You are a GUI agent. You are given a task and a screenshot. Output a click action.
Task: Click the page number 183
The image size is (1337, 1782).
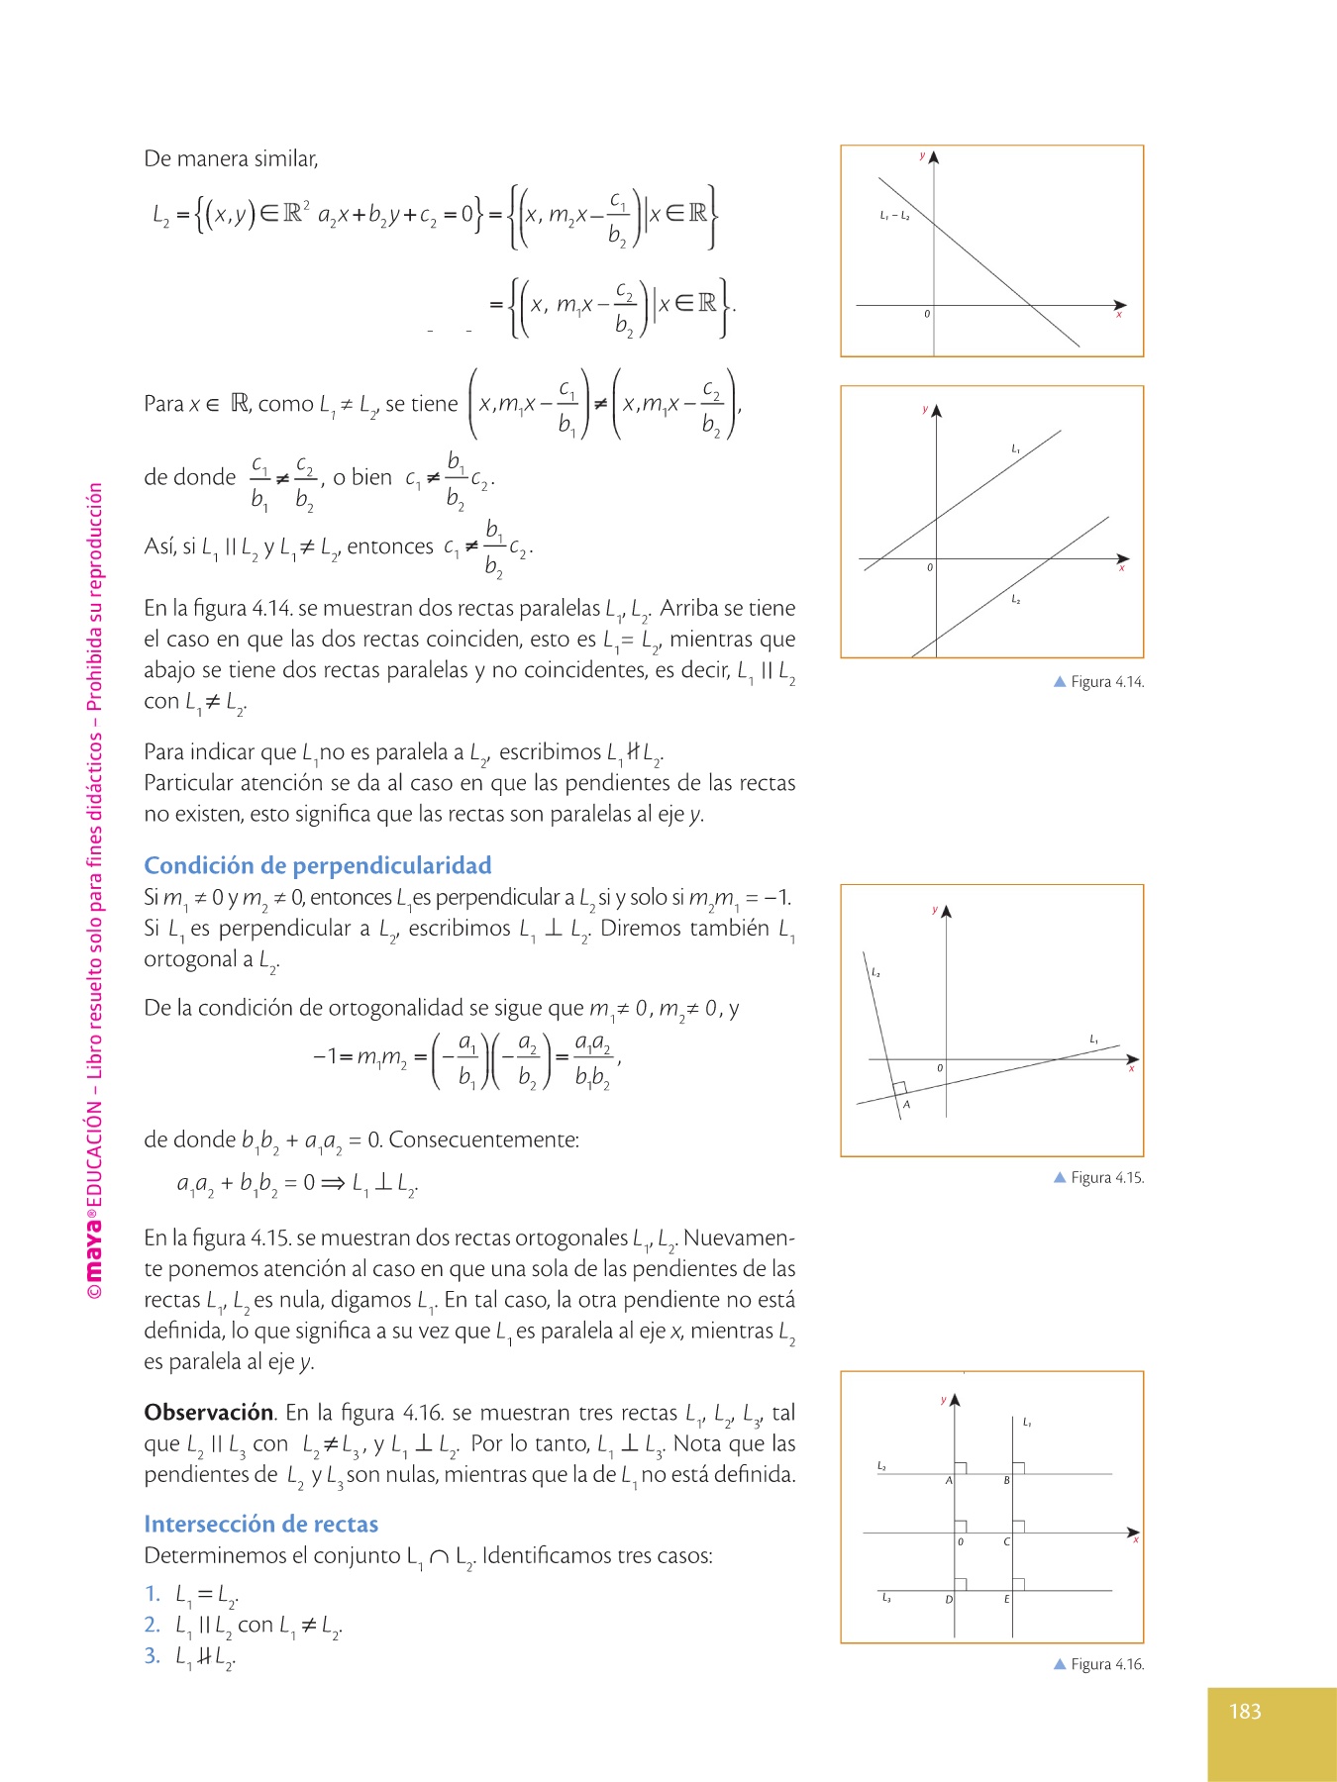pos(1245,1711)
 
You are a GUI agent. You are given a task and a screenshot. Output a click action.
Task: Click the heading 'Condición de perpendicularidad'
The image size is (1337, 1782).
pos(318,865)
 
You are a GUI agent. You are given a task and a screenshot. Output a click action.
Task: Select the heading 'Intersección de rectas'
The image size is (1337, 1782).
pos(261,1524)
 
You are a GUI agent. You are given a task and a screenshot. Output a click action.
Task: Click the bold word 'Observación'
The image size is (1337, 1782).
pos(209,1412)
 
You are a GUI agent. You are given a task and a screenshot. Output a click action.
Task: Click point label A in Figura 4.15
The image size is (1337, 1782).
pos(906,1105)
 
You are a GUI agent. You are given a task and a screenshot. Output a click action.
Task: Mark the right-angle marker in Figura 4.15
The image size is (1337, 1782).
pos(899,1088)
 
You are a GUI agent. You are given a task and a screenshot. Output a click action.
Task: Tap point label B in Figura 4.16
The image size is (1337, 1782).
pos(1007,1481)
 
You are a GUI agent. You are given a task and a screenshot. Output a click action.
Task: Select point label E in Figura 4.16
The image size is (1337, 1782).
pos(1007,1599)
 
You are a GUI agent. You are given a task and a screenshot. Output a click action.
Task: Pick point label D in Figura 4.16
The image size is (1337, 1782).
pos(948,1600)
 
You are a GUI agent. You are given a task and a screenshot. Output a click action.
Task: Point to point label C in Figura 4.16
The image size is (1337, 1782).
pos(1007,1541)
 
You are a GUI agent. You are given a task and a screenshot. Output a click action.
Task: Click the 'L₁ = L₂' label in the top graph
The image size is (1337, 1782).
pos(894,215)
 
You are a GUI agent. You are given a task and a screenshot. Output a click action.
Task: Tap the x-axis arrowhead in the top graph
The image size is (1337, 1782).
pos(1120,305)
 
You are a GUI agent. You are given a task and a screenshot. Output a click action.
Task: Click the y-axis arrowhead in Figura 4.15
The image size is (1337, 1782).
pos(947,912)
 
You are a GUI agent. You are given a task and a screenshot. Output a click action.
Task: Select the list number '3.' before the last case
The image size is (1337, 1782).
pos(153,1655)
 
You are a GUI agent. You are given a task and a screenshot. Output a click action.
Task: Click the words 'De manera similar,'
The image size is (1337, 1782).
pos(231,158)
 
